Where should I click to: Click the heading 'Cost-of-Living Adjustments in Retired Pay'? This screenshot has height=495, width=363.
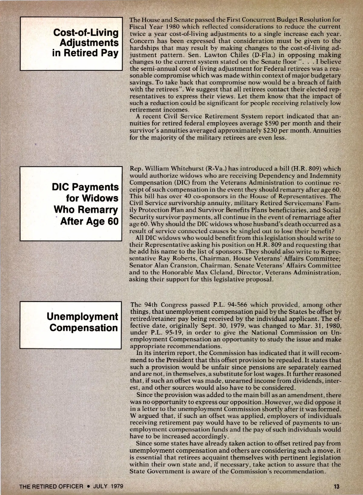[86, 43]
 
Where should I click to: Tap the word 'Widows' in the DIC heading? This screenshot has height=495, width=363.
[92, 198]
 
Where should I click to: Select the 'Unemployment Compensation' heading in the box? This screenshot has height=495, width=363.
[83, 322]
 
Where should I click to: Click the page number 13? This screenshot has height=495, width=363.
[337, 487]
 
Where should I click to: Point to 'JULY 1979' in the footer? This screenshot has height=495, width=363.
[108, 487]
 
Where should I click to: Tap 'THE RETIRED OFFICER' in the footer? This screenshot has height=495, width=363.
[51, 487]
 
